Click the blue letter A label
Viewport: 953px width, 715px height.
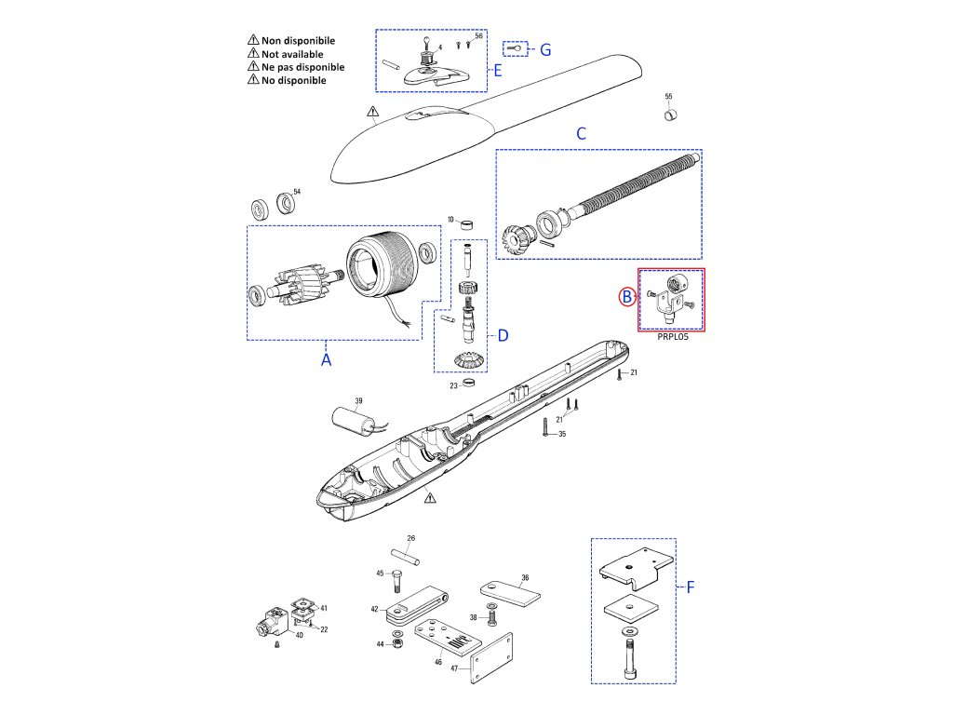click(x=326, y=358)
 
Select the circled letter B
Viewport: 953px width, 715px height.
click(x=628, y=297)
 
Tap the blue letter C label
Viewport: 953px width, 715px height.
click(x=581, y=133)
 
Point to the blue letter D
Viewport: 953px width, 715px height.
click(x=503, y=335)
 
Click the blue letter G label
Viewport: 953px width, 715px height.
click(x=545, y=49)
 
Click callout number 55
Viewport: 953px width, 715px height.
click(x=668, y=96)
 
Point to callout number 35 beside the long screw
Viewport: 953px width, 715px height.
click(x=561, y=434)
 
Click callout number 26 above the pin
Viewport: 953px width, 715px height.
click(x=410, y=538)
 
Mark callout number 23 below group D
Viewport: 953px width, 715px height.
click(x=454, y=384)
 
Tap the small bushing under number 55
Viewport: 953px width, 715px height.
click(x=668, y=114)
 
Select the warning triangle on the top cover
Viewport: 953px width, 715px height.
click(x=372, y=115)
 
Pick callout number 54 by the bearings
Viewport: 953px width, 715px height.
click(x=297, y=192)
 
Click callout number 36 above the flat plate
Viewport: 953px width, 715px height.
click(x=525, y=577)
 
